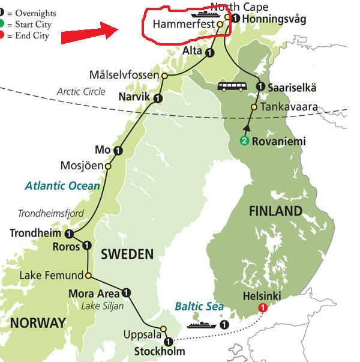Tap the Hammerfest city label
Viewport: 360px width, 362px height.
pyautogui.click(x=184, y=25)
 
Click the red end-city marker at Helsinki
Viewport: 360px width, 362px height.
pyautogui.click(x=262, y=308)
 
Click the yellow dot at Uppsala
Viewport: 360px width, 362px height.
pyautogui.click(x=163, y=329)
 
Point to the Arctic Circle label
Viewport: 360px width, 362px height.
pyautogui.click(x=81, y=92)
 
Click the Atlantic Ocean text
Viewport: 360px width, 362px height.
pyautogui.click(x=62, y=186)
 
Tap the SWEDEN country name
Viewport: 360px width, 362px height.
pyautogui.click(x=127, y=254)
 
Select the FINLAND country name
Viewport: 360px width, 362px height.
pyautogui.click(x=276, y=211)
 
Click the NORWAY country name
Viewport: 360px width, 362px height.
pyautogui.click(x=37, y=322)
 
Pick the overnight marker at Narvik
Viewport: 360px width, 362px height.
pyautogui.click(x=157, y=98)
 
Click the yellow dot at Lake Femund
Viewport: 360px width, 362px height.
pyautogui.click(x=88, y=276)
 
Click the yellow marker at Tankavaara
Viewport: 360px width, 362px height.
pyautogui.click(x=254, y=107)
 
